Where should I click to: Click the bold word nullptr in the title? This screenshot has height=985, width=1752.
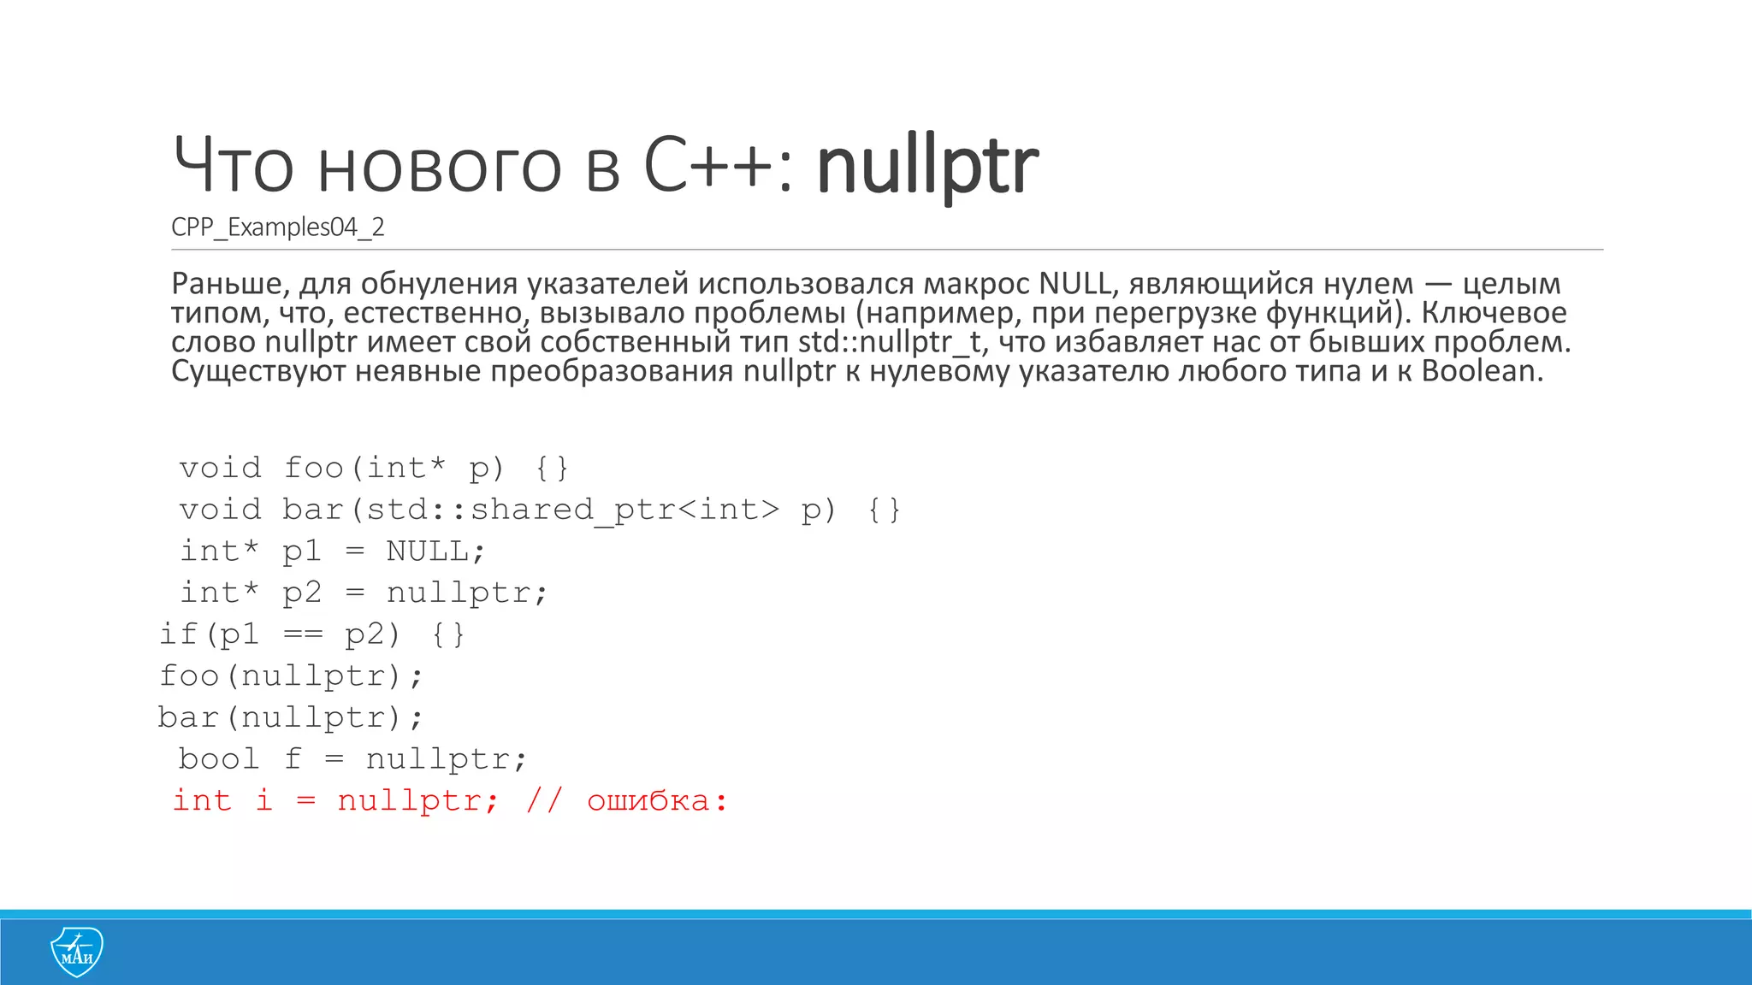coord(927,167)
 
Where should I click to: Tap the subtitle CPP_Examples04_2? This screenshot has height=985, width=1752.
coord(278,227)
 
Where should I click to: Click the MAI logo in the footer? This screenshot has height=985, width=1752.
coord(77,951)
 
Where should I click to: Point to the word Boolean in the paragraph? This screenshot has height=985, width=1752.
coord(1482,371)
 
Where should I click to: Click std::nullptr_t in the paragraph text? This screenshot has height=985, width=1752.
coord(890,342)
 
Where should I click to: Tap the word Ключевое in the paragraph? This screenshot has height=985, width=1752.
coord(1494,313)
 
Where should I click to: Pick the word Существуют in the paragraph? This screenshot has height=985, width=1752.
coord(258,371)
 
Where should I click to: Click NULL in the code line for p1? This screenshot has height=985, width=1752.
coord(428,551)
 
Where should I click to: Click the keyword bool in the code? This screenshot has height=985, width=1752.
coord(219,759)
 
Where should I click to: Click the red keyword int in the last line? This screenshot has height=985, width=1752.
coord(203,801)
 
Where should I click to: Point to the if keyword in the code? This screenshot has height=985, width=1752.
coord(179,634)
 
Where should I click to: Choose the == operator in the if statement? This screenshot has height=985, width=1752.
coord(303,635)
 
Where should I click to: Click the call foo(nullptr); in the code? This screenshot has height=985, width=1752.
coord(291,676)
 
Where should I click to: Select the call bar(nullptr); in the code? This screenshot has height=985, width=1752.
coord(291,717)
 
